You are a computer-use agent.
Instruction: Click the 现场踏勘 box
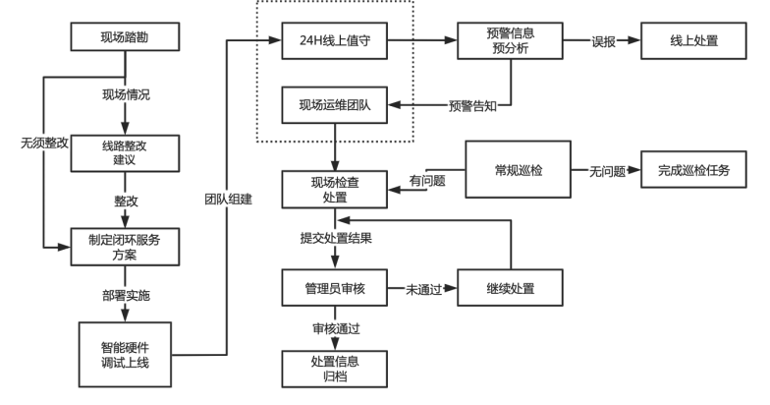(127, 41)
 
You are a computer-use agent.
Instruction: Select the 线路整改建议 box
(127, 151)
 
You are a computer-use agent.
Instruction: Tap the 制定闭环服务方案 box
(127, 247)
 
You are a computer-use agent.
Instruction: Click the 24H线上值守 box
(334, 43)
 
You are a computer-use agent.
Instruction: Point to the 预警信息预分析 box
(510, 43)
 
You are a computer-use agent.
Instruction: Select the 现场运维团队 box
(334, 101)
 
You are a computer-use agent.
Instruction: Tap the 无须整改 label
(42, 143)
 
